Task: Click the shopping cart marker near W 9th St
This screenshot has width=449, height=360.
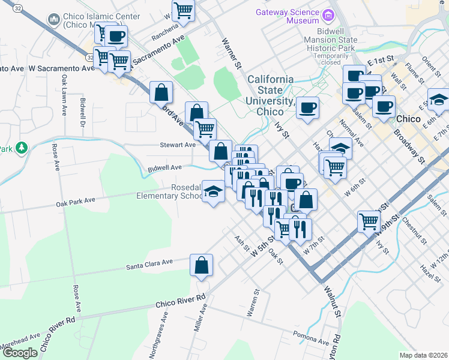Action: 369,221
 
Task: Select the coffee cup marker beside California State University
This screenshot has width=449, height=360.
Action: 307,108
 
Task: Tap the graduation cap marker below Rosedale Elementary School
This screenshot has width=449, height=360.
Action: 213,191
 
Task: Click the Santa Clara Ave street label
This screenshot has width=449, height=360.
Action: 149,262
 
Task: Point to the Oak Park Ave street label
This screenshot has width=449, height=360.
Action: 76,200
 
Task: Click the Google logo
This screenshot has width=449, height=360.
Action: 20,353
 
